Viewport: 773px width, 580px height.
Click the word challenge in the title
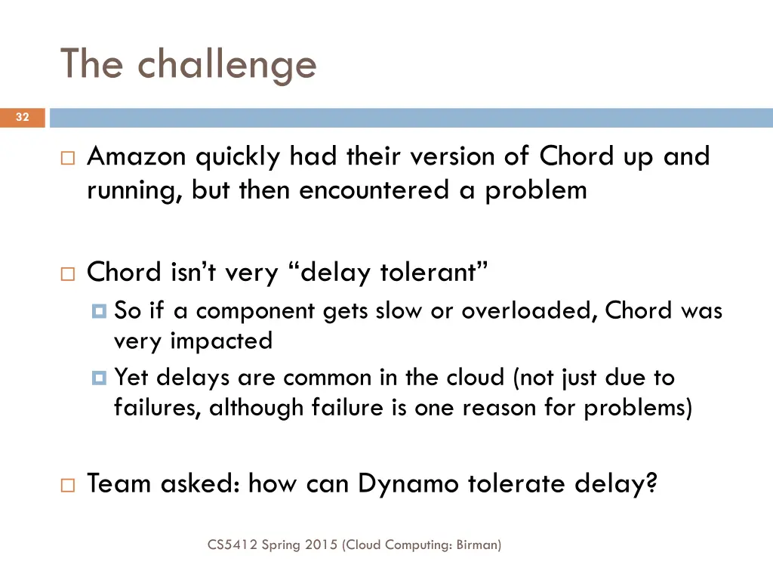(x=227, y=65)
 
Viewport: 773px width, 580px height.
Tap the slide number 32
(x=23, y=117)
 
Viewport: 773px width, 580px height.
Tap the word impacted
(x=221, y=341)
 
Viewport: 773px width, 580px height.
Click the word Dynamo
(x=408, y=483)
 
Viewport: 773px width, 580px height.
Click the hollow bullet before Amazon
(x=67, y=158)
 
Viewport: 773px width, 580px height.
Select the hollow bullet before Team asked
(x=67, y=485)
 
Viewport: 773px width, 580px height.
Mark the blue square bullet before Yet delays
(x=99, y=378)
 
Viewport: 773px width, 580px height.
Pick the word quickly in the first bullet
(x=239, y=156)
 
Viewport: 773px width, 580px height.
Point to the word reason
(x=494, y=408)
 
